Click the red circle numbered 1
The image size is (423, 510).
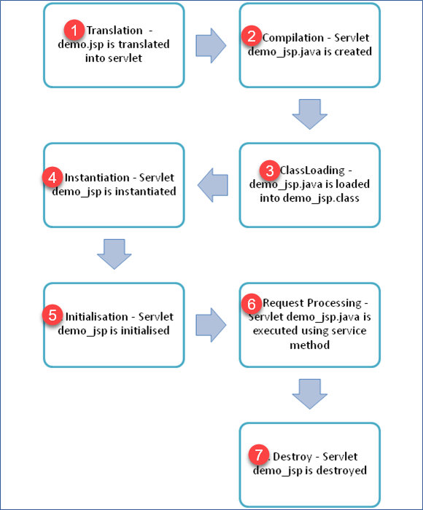74,31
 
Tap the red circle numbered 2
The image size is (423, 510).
252,36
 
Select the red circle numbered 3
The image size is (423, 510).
270,170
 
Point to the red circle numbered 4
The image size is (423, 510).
52,177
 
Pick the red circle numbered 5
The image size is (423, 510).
52,315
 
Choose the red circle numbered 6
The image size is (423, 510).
252,304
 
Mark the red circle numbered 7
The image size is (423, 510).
259,455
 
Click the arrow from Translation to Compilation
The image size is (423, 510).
211,45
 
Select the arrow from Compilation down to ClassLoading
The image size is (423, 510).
310,114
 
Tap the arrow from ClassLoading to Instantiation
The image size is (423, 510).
213,185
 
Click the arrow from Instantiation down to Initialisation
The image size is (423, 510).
115,254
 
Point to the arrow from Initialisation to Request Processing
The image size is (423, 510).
211,325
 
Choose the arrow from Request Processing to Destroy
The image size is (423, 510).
310,394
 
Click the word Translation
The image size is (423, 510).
115,31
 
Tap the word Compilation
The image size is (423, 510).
293,38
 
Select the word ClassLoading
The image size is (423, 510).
312,170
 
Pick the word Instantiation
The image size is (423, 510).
97,178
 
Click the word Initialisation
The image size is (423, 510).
97,317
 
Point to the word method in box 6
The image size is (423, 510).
310,345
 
